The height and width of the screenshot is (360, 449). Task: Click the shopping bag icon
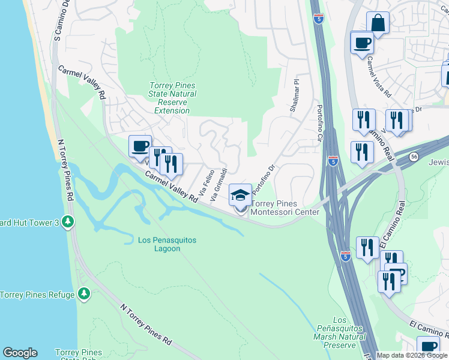(378, 23)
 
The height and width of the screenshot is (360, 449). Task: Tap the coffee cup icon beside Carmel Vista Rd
(362, 43)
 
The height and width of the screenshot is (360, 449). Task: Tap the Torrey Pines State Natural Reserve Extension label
(172, 98)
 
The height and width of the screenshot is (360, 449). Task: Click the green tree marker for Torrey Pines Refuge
(85, 294)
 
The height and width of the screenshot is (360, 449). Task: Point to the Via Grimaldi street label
(219, 182)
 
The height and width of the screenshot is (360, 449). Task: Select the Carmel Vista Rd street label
(379, 77)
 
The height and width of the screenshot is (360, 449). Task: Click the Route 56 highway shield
(415, 156)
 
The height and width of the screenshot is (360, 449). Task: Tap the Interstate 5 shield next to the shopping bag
(319, 20)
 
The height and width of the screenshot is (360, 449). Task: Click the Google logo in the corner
(20, 353)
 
